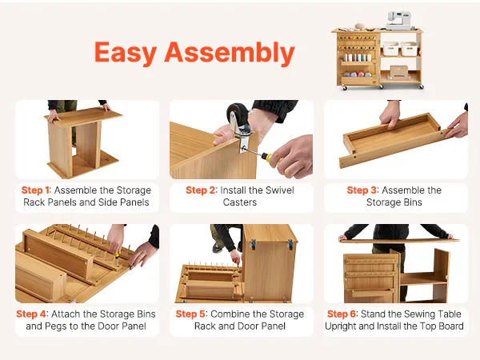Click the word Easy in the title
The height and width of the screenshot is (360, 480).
click(x=126, y=53)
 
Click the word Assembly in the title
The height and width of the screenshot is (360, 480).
click(x=230, y=53)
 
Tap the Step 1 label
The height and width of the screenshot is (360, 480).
click(x=35, y=190)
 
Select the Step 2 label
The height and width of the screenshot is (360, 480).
click(x=200, y=190)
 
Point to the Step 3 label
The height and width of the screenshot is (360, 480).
click(x=362, y=190)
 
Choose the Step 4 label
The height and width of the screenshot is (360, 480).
click(x=31, y=314)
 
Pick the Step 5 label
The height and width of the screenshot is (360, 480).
click(x=190, y=314)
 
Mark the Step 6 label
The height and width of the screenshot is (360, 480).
click(x=342, y=314)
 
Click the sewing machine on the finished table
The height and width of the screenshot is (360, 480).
click(x=398, y=21)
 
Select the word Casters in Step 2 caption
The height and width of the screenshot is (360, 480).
click(x=240, y=202)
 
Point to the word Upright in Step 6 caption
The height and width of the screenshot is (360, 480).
click(x=341, y=326)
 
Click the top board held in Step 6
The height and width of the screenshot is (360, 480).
click(x=399, y=241)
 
